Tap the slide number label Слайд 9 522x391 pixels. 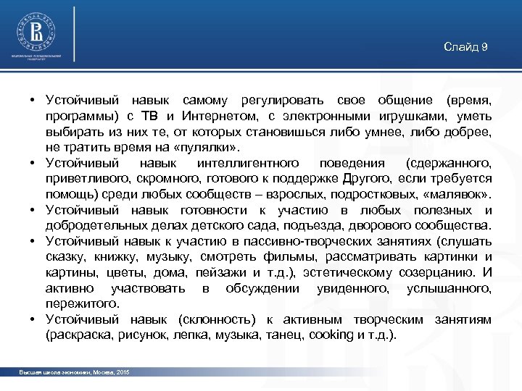(x=465, y=47)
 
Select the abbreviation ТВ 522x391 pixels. (x=150, y=116)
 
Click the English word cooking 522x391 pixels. (x=328, y=335)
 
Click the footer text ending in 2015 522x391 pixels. (x=74, y=371)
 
